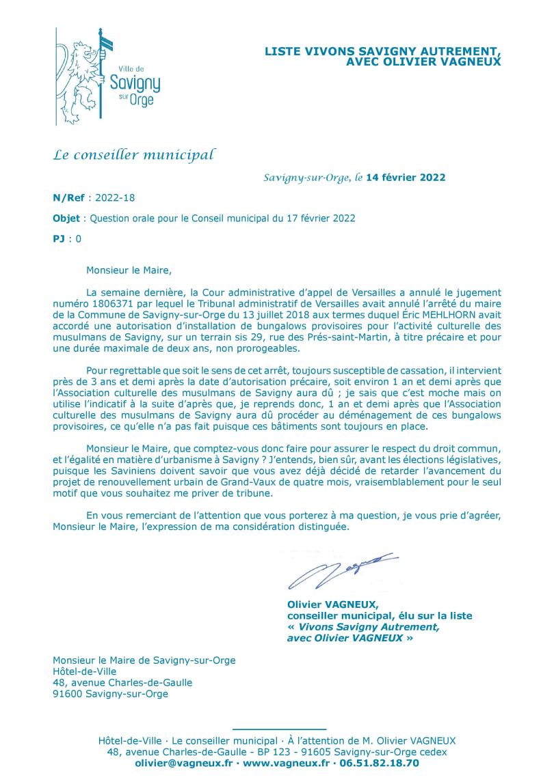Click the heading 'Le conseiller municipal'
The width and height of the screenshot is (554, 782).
(x=133, y=154)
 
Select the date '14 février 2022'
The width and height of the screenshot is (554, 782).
(x=406, y=178)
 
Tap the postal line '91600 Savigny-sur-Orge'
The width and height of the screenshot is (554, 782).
(x=110, y=694)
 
